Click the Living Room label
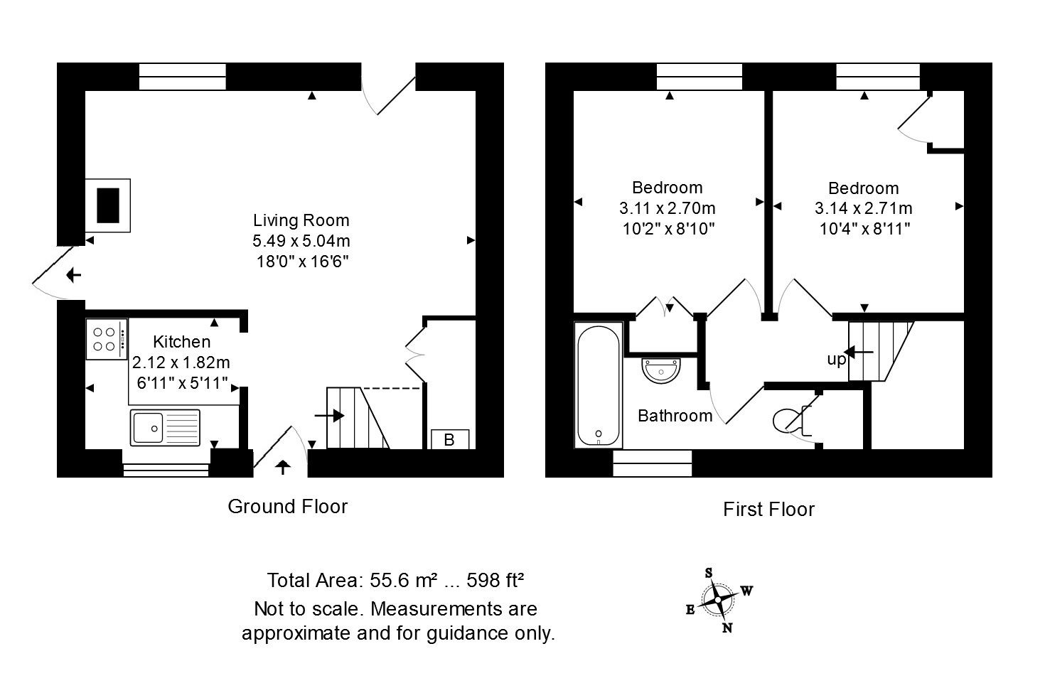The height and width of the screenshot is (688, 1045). click(301, 220)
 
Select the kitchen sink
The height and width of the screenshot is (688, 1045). click(165, 427)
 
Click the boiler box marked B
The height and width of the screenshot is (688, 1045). click(449, 440)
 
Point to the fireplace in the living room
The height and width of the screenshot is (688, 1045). click(107, 205)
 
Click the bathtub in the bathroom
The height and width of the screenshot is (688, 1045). click(599, 385)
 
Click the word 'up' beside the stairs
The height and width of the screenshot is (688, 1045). click(836, 360)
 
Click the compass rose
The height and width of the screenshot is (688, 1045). click(719, 599)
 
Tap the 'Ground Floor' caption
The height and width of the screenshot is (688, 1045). click(287, 507)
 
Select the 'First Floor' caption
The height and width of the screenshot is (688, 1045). click(768, 510)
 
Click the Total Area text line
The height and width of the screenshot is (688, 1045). click(396, 581)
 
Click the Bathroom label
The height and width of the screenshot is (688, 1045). click(675, 416)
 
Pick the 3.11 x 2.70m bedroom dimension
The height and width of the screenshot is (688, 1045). click(667, 208)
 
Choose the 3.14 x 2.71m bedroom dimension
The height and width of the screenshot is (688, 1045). click(863, 209)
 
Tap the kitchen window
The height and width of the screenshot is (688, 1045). click(166, 469)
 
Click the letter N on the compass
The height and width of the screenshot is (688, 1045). click(727, 628)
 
